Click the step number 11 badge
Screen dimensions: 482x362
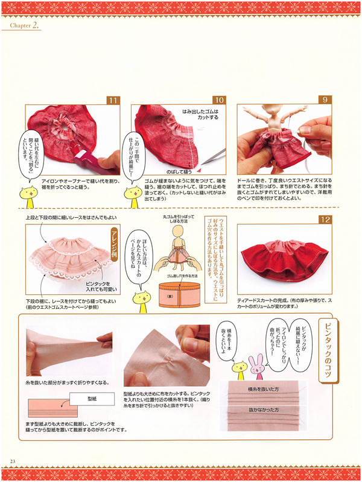pyautogui.click(x=113, y=101)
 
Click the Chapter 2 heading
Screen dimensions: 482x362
pyautogui.click(x=25, y=26)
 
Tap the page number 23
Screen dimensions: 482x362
pyautogui.click(x=13, y=461)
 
